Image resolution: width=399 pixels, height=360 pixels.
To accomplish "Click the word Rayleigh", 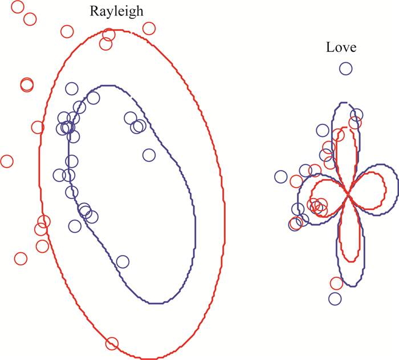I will coord(116,11).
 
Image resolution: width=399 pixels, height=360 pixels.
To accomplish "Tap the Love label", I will coord(341,47).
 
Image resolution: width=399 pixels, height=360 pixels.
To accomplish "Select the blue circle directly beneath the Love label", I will coord(345,68).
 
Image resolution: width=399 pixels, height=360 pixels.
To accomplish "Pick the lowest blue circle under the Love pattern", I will coord(335,298).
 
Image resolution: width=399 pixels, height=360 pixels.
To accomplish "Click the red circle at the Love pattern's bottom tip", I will coord(337,283).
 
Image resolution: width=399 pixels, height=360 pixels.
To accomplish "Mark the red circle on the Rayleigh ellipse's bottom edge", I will coord(112,343).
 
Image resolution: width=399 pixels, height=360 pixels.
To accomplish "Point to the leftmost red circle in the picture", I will coord(6,161).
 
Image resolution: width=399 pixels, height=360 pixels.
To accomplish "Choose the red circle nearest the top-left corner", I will coord(17,7).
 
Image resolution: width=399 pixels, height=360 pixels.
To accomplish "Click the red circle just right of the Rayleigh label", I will coord(149,29).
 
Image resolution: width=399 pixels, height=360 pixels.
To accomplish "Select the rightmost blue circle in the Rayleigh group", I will coord(149,155).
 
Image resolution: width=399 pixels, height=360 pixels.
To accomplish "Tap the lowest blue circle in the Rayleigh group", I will coord(122,262).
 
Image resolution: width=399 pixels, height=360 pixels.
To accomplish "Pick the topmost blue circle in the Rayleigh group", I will coord(71,88).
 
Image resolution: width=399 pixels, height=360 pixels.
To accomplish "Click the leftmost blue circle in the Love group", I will coord(280,177).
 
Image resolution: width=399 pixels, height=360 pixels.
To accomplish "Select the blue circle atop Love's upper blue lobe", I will coord(356,115).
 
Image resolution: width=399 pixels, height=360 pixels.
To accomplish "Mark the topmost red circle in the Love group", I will coord(355,123).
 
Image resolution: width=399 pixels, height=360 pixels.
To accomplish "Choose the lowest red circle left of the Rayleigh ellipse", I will coord(21,258).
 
